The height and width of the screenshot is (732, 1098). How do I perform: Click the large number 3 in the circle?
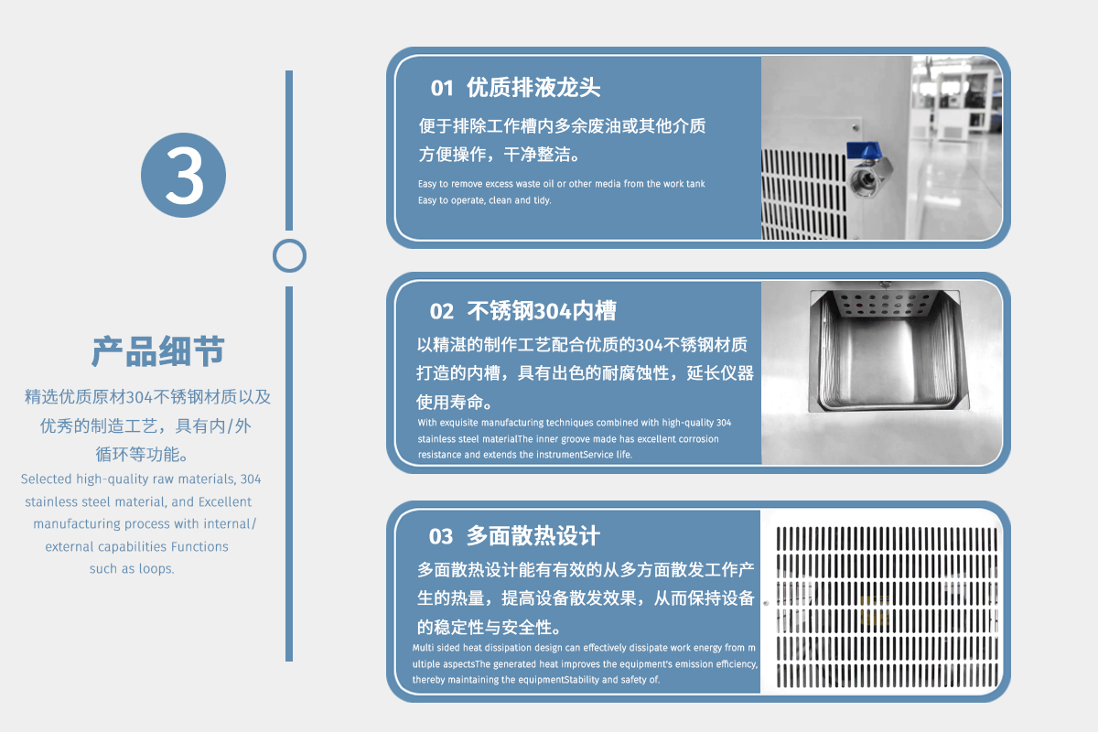[184, 176]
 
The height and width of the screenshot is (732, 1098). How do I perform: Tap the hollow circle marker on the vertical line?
[289, 241]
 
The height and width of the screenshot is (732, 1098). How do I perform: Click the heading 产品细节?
[157, 351]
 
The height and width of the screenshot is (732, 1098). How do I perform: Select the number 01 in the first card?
[442, 88]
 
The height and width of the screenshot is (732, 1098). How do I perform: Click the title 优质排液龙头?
[533, 88]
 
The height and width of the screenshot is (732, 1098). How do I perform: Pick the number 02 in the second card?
[442, 311]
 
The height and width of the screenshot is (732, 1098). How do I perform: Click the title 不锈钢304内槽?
[541, 311]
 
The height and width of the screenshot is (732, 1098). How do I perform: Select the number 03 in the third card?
[441, 536]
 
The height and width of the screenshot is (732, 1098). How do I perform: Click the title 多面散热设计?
[533, 535]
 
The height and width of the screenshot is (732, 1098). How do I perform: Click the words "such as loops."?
[132, 569]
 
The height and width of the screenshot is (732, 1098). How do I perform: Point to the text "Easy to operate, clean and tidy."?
[485, 200]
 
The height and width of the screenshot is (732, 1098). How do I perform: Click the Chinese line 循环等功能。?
[142, 454]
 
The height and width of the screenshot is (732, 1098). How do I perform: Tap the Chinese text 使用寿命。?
[455, 402]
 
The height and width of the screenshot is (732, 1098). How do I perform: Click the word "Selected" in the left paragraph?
[47, 479]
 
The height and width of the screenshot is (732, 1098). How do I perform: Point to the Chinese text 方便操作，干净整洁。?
[500, 155]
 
